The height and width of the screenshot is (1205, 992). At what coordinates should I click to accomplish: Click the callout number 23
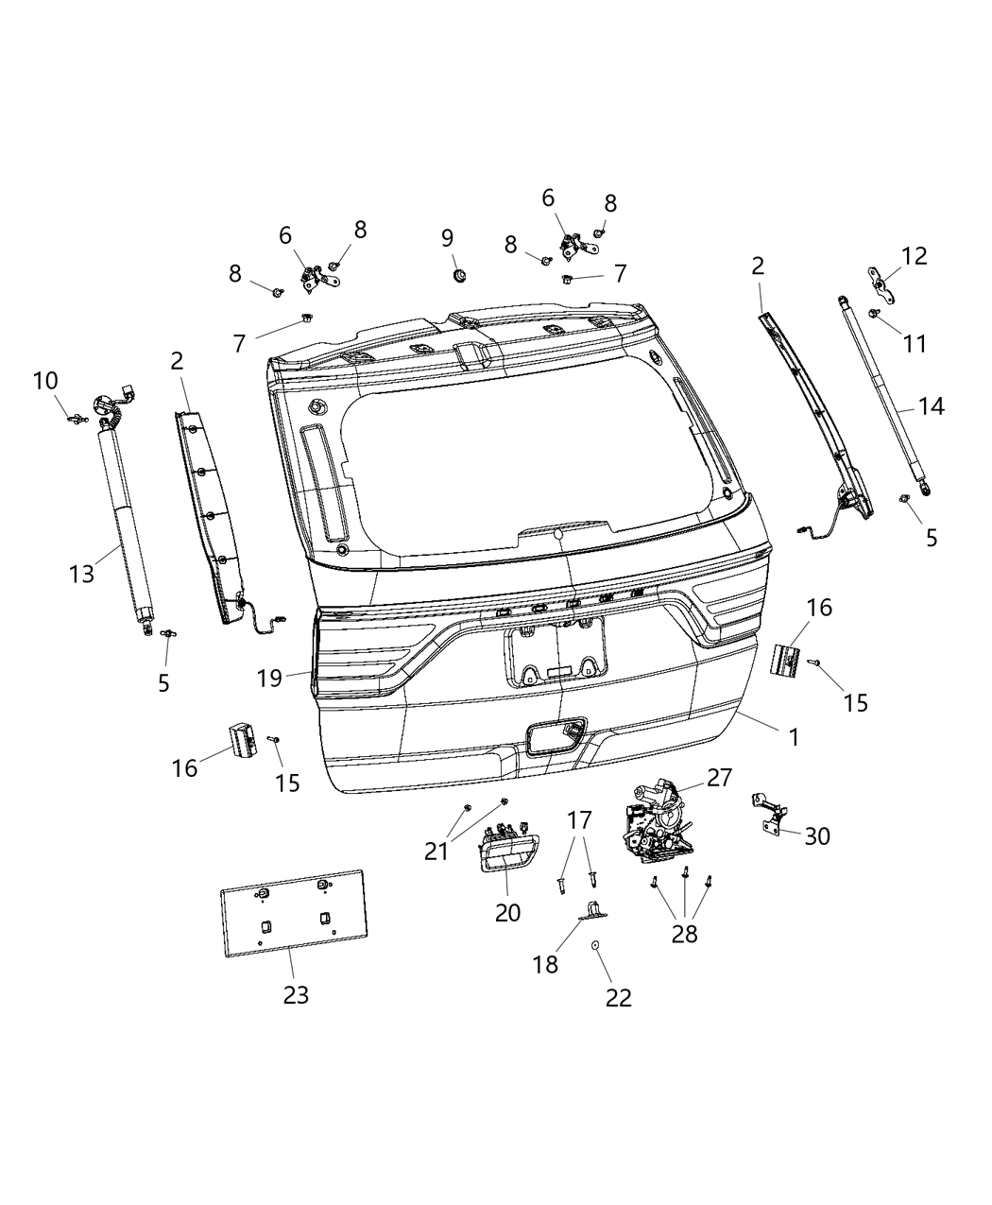[x=296, y=994]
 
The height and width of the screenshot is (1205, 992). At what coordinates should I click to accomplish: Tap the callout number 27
[x=719, y=777]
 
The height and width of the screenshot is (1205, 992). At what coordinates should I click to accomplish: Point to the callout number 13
[x=82, y=573]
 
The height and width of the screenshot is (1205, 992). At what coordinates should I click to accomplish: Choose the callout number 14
[x=931, y=406]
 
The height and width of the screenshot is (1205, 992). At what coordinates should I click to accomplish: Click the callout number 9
[x=448, y=237]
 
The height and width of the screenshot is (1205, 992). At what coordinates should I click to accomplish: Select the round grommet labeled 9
[x=460, y=274]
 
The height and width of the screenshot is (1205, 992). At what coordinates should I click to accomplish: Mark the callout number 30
[x=817, y=835]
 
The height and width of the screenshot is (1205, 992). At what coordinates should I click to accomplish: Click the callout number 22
[x=618, y=997]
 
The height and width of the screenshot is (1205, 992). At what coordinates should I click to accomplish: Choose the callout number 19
[x=269, y=677]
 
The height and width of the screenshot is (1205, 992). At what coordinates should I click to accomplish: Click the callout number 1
[x=794, y=736]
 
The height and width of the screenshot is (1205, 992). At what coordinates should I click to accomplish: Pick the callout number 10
[x=45, y=381]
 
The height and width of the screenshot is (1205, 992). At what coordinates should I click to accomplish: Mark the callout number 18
[x=545, y=964]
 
